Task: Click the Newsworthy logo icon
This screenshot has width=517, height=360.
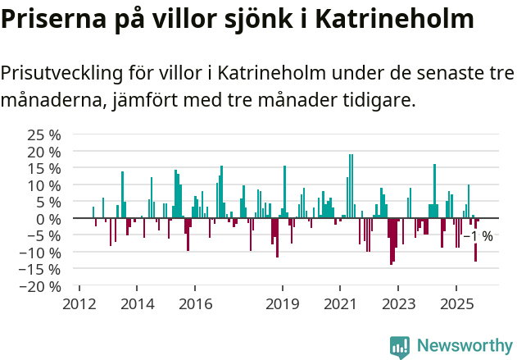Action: click(400, 346)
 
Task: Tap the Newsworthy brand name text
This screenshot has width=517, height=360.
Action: click(465, 346)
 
